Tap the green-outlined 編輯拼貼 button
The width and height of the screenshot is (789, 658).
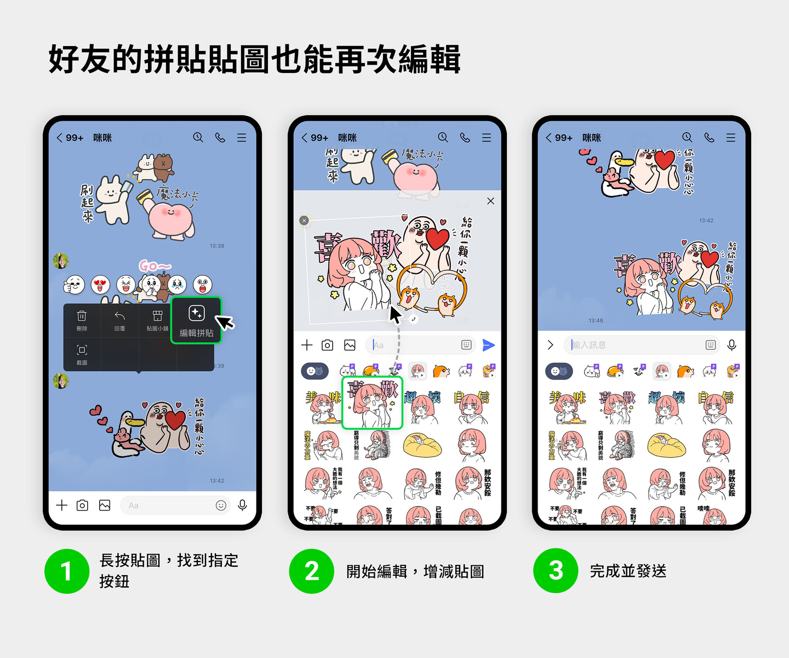(x=196, y=320)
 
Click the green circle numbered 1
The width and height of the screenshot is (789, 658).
(x=67, y=571)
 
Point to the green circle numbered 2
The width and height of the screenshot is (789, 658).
(x=311, y=571)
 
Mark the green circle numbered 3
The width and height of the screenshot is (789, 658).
(x=556, y=571)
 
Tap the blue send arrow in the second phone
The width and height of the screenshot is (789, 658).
(x=488, y=345)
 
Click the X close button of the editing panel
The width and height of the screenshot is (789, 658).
(x=490, y=201)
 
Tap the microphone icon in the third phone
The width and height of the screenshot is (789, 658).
(x=731, y=345)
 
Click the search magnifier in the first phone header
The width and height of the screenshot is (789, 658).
(x=198, y=138)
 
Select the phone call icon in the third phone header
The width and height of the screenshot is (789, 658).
(x=709, y=138)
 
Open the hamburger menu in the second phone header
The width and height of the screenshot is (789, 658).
(x=487, y=138)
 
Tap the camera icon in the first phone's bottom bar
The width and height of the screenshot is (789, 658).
(x=82, y=505)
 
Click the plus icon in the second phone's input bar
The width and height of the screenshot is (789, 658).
(x=307, y=345)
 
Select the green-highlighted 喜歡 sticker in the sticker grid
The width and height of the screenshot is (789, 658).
(x=372, y=403)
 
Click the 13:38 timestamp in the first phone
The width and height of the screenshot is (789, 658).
(x=217, y=246)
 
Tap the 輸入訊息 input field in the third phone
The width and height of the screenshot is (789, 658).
(x=636, y=345)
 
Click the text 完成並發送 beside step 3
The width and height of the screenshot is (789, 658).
(x=628, y=571)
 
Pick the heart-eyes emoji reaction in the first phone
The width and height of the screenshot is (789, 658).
(x=100, y=285)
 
